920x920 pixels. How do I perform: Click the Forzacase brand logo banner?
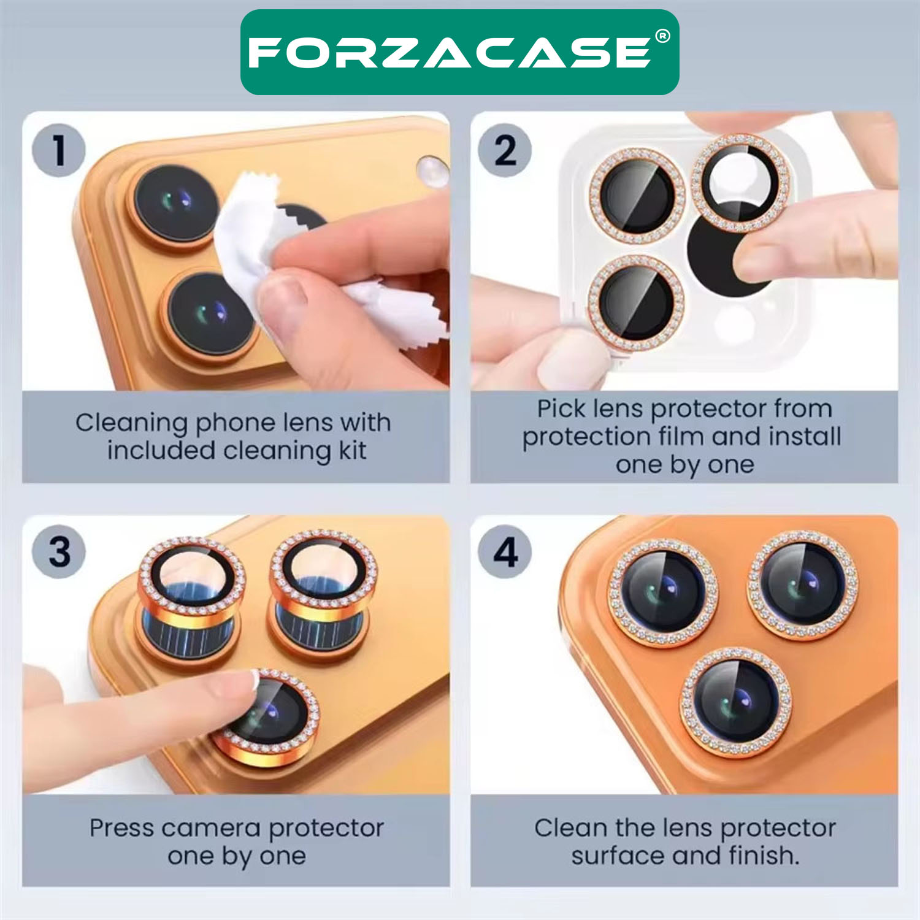(x=459, y=52)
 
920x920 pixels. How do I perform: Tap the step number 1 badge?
(x=59, y=150)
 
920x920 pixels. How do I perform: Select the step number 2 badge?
(x=505, y=150)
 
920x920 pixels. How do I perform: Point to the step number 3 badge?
(x=59, y=552)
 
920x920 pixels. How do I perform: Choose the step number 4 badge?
(x=505, y=552)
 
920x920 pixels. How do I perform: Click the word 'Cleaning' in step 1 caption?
(x=132, y=423)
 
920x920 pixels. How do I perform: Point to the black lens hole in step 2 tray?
(x=718, y=258)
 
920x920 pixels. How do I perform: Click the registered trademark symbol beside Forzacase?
(x=662, y=37)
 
